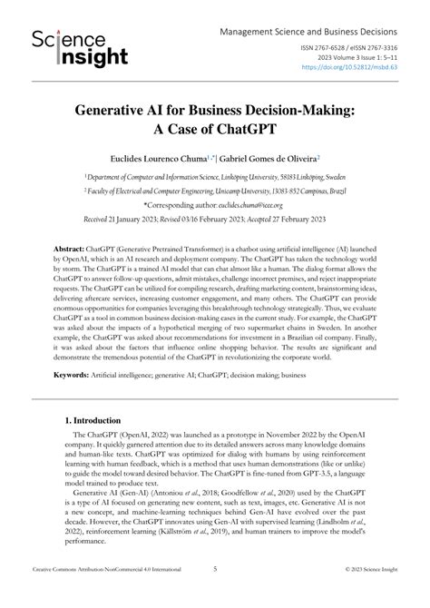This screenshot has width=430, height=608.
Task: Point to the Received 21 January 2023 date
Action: (x=117, y=219)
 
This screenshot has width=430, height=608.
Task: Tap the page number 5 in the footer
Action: (x=215, y=595)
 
